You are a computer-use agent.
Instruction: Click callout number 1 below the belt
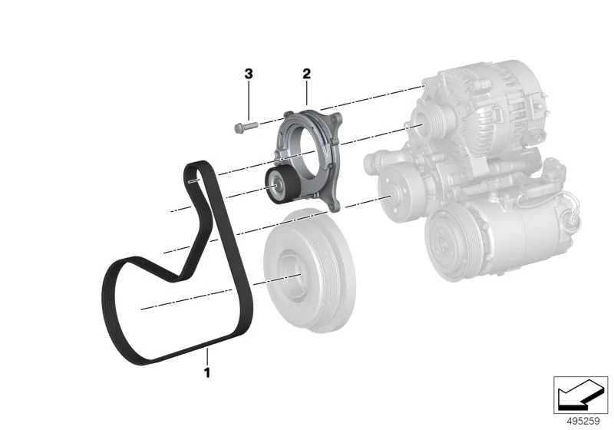pos(206,372)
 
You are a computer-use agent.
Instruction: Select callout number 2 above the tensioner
pos(306,73)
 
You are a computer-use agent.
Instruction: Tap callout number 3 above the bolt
pos(249,74)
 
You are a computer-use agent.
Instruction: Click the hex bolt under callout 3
pos(246,127)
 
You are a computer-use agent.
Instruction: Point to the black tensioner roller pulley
pos(279,185)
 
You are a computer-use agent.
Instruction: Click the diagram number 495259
pos(583,421)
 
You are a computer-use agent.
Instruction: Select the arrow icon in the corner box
pos(580,394)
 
